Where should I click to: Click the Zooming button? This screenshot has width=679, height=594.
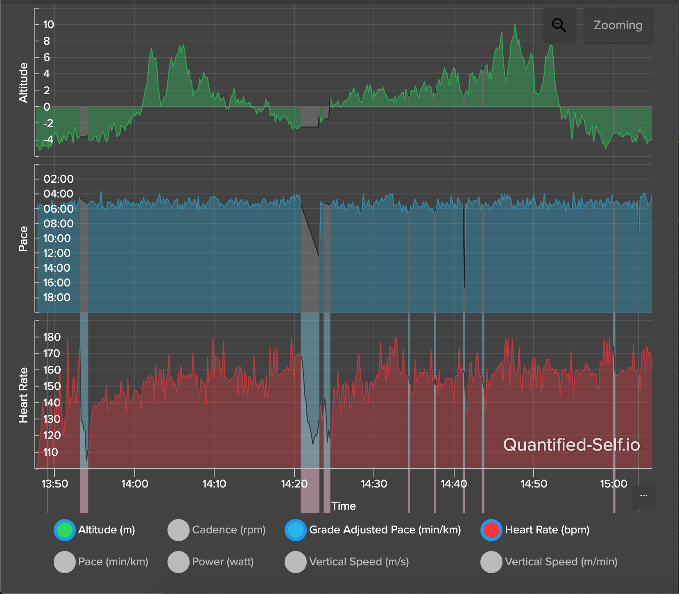pos(618,25)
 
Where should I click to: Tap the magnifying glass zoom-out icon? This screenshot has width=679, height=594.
pos(559,25)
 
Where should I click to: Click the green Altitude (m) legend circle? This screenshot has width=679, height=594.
pos(65,530)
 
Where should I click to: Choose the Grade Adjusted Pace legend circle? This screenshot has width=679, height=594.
pos(296,530)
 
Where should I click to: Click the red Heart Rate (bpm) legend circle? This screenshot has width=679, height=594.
pos(491,530)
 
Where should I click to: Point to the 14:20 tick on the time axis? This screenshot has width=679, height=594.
pos(294,484)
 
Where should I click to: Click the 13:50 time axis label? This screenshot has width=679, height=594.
pos(54,484)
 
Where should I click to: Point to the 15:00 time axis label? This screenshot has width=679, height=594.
pos(613,484)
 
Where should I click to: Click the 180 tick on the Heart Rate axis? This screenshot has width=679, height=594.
pos(52,337)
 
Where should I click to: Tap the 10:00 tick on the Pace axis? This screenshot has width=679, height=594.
pos(57,238)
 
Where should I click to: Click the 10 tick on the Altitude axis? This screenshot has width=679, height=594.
pos(48,25)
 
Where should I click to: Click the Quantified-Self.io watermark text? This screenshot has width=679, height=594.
pos(571,445)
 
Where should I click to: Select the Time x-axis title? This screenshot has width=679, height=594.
pos(343,506)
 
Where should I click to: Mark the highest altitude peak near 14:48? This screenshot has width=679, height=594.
pos(515,25)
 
